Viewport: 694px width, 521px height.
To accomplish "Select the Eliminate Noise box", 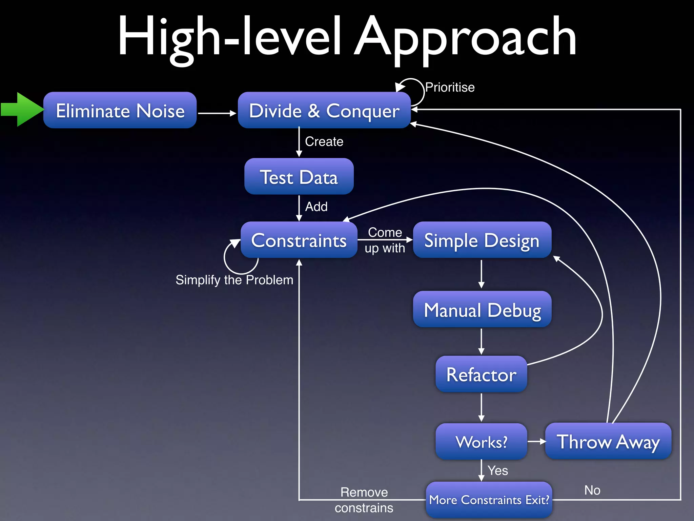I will coord(120,110).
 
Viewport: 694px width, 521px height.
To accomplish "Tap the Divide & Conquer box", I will coord(324,110).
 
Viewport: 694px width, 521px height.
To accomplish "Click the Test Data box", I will coord(299,176).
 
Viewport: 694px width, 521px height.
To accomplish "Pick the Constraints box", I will coord(299,240).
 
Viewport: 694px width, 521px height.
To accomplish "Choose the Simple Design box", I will coord(482,240).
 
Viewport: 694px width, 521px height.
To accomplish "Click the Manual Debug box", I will coord(482,309).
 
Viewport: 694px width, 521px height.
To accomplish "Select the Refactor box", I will coord(481,374).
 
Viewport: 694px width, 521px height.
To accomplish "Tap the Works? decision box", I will coord(481,442).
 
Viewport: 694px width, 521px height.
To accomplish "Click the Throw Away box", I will coord(608,441).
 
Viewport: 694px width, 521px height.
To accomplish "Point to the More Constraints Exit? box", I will coord(489,500).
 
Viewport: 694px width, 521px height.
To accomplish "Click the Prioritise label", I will coord(450,88).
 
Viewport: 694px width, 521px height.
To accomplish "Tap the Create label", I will coord(324,141).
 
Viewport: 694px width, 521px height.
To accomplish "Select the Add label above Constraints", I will coord(316,207).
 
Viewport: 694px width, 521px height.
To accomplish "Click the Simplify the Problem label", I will coord(234,280).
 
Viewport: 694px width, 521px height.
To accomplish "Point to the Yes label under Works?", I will coord(498,471).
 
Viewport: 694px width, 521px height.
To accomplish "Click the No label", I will coord(592,490).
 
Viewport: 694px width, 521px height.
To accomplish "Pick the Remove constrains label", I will coord(364,500).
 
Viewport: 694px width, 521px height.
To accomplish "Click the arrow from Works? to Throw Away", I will coord(536,441).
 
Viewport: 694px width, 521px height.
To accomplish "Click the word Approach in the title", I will coord(465,37).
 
